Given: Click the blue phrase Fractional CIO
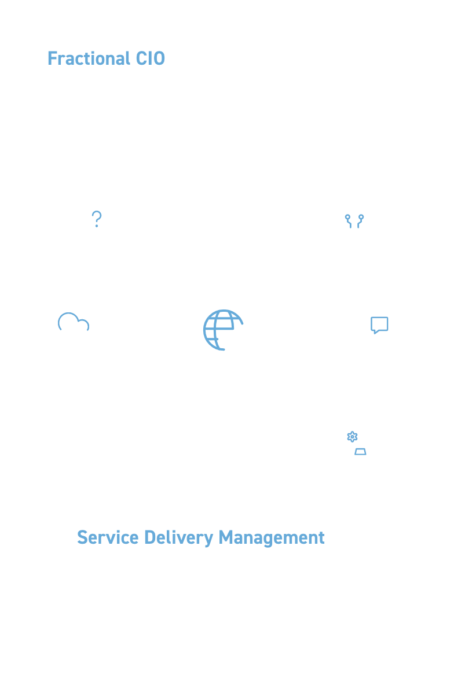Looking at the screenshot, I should click(x=106, y=59).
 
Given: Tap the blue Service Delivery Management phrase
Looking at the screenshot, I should click(x=201, y=537).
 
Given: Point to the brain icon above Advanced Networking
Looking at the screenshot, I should click(x=354, y=219).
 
